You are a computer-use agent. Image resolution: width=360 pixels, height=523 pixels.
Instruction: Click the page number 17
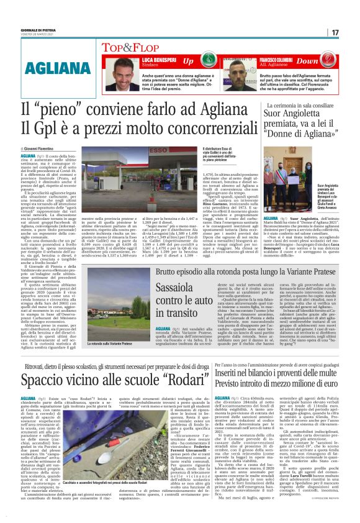tap(335, 32)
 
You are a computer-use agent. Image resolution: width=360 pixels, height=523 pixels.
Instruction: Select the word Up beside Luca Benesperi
tap(188, 61)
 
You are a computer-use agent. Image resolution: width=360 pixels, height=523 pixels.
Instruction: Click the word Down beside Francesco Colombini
tap(325, 61)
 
